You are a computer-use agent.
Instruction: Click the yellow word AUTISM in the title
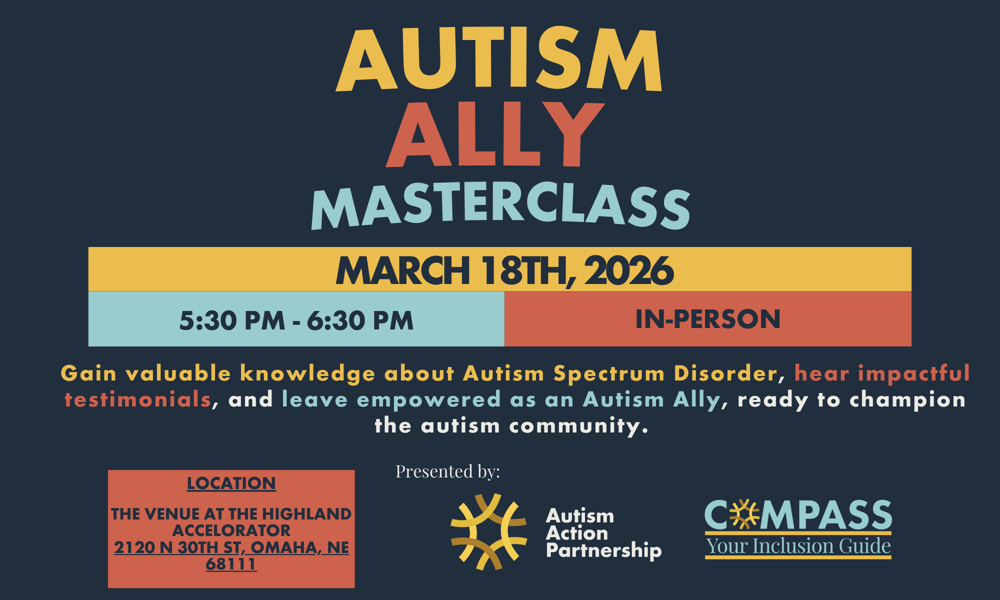click(x=499, y=59)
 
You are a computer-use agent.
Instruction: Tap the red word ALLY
click(x=495, y=134)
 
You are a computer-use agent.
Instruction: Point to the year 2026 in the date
click(x=628, y=270)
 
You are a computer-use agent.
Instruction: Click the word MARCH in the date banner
click(x=403, y=270)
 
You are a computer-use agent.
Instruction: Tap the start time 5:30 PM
click(x=232, y=320)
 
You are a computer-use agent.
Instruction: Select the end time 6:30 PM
click(x=360, y=320)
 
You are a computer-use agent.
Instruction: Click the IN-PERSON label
click(x=707, y=319)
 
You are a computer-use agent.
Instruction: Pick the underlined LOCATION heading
click(x=231, y=483)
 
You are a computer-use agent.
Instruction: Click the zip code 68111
click(x=231, y=564)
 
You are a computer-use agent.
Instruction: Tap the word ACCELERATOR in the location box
click(x=231, y=530)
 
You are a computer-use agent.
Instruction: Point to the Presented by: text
click(x=447, y=471)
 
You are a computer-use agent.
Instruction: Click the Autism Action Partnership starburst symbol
click(x=488, y=532)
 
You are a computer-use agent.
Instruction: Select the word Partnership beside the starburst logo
click(x=603, y=550)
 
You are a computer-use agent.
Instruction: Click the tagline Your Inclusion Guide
click(x=798, y=546)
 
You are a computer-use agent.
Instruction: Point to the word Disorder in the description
click(x=725, y=373)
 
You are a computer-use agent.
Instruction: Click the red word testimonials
click(x=138, y=399)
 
